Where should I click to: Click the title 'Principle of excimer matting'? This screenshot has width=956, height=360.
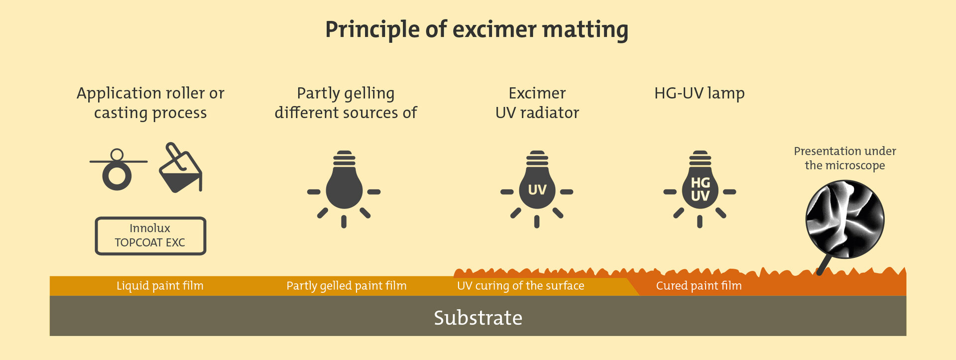477,30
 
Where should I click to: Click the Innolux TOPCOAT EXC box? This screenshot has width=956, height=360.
150,236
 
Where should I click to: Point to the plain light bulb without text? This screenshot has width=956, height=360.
344,187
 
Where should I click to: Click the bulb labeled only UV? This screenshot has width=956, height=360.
537,187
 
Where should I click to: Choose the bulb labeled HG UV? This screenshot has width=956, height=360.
700,187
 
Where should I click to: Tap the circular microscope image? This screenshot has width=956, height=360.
845,219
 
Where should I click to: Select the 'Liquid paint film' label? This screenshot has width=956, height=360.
160,286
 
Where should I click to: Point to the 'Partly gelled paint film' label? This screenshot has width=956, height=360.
347,286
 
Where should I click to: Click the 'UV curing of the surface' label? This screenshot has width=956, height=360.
521,286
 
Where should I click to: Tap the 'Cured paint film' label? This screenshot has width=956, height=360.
699,286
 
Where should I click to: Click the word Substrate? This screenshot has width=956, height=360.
478,318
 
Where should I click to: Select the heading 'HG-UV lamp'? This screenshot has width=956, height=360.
700,93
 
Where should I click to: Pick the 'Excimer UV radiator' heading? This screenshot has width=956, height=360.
537,103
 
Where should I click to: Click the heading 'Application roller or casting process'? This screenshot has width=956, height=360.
150,103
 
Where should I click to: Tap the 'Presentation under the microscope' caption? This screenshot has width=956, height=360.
845,158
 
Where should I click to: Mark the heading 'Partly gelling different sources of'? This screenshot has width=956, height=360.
346,103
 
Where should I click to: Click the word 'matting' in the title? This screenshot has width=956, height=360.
585,30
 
